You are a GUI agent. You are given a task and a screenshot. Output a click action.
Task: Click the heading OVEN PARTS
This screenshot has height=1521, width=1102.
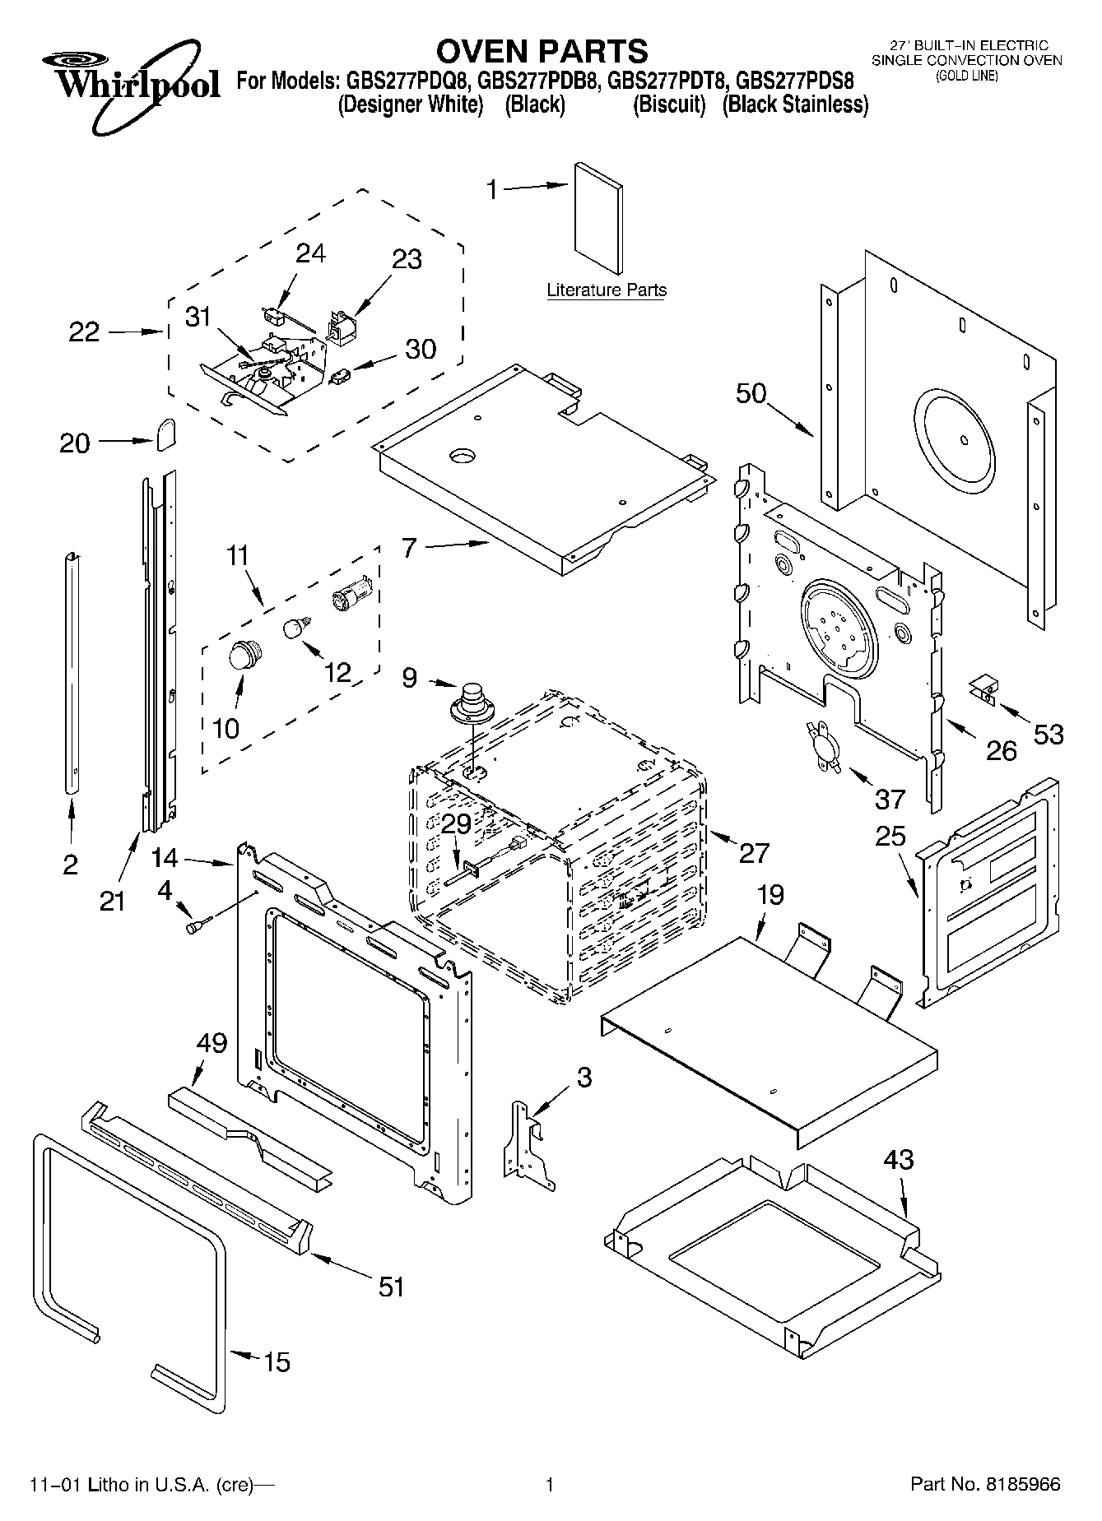coord(542,51)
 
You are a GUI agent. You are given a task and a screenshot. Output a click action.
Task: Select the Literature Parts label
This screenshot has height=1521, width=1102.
coord(607,290)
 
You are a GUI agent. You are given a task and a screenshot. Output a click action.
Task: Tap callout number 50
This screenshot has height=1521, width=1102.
coord(751,394)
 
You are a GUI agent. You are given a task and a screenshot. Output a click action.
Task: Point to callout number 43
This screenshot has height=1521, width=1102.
coord(898,1161)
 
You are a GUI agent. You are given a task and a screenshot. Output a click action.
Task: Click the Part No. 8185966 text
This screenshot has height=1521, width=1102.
coord(984,1485)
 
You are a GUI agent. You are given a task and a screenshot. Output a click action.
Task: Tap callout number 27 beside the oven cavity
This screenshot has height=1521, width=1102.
coord(754,853)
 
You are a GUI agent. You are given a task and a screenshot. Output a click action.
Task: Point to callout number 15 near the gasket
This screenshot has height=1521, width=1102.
coord(277,1363)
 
